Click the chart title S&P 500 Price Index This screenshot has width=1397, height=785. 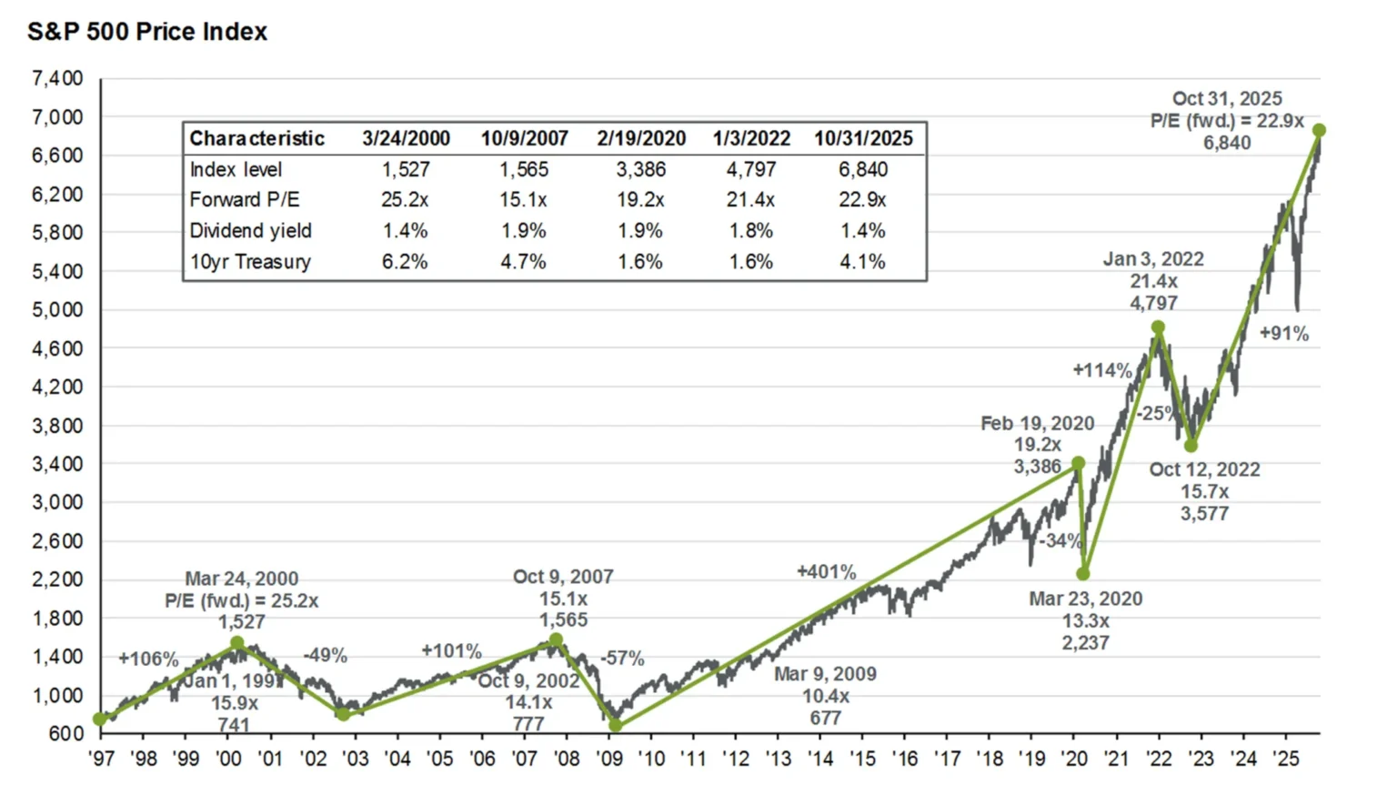(x=147, y=32)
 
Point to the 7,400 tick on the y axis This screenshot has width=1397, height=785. (x=57, y=79)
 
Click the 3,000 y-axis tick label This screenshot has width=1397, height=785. (x=57, y=502)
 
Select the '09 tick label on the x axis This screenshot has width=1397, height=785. (x=608, y=759)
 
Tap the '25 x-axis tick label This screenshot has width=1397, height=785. (x=1285, y=759)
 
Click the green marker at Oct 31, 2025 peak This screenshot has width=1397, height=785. (x=1319, y=131)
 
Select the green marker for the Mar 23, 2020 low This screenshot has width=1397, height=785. (x=1083, y=574)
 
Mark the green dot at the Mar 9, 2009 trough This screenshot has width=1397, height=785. (x=616, y=725)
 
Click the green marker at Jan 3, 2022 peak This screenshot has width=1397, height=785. (x=1158, y=327)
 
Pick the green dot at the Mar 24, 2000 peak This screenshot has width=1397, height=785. (x=237, y=643)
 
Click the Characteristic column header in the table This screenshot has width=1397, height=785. (x=256, y=138)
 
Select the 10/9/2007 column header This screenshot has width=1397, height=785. (x=524, y=138)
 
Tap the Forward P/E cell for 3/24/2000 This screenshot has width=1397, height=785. (x=405, y=200)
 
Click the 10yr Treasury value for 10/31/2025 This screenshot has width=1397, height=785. (x=862, y=262)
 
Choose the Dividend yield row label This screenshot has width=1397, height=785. (x=250, y=231)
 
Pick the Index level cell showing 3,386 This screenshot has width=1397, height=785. (x=640, y=170)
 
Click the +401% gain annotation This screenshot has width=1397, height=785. (x=826, y=572)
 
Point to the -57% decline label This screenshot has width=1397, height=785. (x=622, y=658)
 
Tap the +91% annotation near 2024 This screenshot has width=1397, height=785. (x=1283, y=334)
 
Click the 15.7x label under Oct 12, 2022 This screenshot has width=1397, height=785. (x=1204, y=492)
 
